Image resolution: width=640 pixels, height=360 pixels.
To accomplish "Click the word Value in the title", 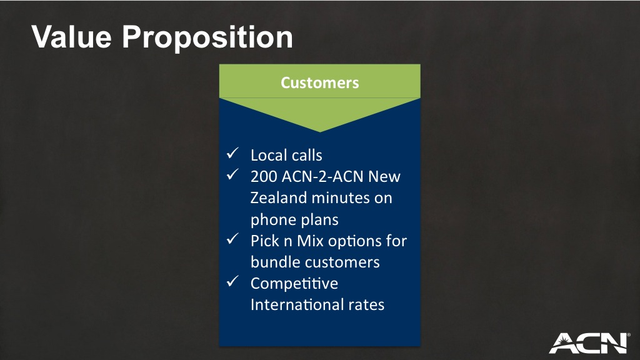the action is click(x=72, y=37).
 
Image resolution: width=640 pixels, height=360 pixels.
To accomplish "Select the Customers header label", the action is click(x=320, y=83).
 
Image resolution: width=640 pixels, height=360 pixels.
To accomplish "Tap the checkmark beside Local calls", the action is click(x=232, y=153).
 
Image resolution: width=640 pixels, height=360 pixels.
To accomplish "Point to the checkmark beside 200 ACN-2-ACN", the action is click(x=232, y=174).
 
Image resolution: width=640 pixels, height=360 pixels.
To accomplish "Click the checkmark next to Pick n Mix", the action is click(x=232, y=238).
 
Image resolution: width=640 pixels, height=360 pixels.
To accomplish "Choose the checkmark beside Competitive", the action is click(x=232, y=281).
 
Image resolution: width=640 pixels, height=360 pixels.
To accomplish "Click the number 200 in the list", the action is click(x=264, y=176).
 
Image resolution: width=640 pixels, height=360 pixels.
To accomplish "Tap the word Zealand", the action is click(x=278, y=198).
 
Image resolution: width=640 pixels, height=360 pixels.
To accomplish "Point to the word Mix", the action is click(x=310, y=241).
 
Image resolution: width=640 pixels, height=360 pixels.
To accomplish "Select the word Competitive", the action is click(x=294, y=284).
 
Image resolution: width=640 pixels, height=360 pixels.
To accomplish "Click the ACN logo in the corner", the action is click(x=589, y=343).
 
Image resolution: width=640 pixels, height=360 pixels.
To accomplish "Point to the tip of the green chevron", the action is click(x=320, y=132).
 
